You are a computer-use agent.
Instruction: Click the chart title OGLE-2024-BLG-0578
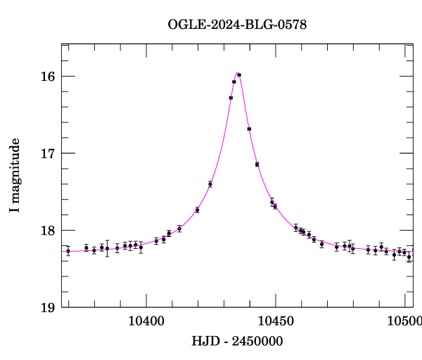tap(237, 24)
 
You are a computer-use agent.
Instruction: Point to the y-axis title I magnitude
tap(15, 176)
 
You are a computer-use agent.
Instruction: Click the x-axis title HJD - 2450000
tap(237, 341)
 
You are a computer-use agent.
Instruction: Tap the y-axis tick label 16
tap(49, 76)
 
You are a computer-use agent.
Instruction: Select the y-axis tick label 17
tap(49, 153)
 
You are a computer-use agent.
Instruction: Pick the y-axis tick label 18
tap(49, 231)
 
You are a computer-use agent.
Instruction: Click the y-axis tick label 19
tap(49, 307)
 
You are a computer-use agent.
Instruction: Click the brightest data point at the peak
tap(239, 75)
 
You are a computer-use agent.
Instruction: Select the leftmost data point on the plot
tap(68, 251)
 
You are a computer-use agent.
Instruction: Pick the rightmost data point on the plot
tap(409, 257)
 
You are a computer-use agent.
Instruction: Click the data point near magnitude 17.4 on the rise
tap(210, 184)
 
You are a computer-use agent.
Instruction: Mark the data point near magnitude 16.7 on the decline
tap(249, 129)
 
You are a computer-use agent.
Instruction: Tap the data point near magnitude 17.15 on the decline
tap(257, 165)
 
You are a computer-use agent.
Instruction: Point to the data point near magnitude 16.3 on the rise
tap(231, 98)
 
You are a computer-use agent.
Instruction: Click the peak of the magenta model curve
tap(238, 72)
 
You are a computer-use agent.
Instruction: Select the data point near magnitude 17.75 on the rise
tap(198, 210)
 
